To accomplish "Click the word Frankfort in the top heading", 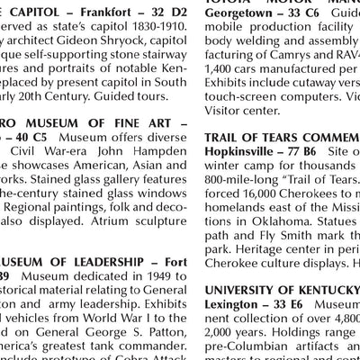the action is click(x=101, y=12).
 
